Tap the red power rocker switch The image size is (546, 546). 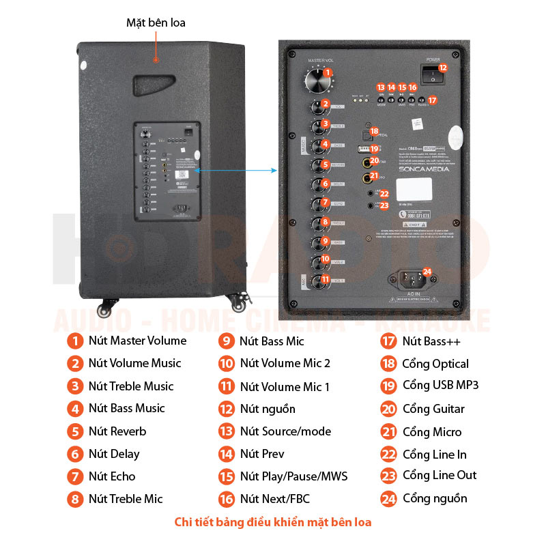click(x=431, y=76)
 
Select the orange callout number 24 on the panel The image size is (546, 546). click(x=427, y=272)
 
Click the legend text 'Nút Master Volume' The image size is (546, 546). click(x=137, y=341)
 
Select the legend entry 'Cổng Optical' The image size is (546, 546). click(x=435, y=364)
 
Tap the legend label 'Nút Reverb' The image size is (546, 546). click(x=117, y=431)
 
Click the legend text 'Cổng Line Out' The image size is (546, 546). click(x=440, y=475)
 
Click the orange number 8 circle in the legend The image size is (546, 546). click(x=74, y=499)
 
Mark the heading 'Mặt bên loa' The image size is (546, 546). click(x=156, y=23)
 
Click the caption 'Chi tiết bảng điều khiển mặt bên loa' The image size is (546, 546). click(x=273, y=523)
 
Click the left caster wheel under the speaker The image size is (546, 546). click(x=104, y=309)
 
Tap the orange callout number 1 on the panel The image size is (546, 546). click(x=328, y=72)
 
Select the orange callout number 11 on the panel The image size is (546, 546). click(x=326, y=279)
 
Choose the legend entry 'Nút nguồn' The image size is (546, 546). click(x=268, y=409)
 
